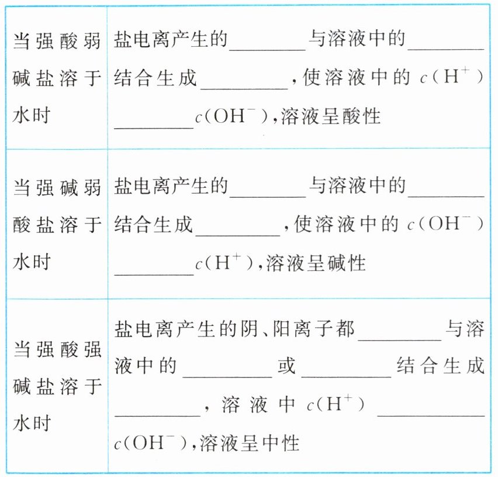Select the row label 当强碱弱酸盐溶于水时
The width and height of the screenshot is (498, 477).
57,225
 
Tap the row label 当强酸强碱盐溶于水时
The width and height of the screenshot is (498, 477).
57,387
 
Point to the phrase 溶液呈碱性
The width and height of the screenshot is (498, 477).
316,263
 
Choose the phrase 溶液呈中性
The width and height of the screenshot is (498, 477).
250,443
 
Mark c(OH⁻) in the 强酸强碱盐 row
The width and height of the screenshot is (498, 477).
149,443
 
